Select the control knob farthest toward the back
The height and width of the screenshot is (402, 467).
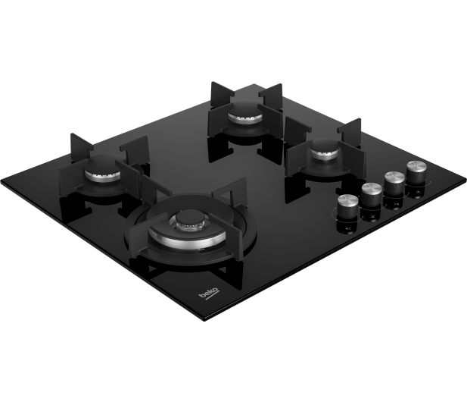(x=416, y=171)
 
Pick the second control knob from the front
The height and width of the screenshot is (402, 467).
(x=372, y=194)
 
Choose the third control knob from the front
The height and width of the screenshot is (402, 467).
(x=394, y=183)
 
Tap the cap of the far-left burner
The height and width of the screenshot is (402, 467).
(x=103, y=165)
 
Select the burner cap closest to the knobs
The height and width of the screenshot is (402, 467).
(x=325, y=148)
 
